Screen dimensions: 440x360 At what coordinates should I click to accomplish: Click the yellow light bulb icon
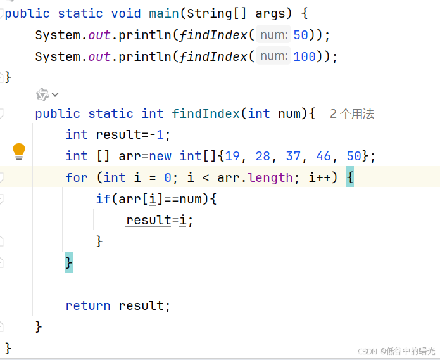point(19,151)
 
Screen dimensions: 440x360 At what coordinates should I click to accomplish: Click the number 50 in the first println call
point(301,35)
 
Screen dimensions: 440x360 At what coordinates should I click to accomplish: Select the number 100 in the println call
point(305,56)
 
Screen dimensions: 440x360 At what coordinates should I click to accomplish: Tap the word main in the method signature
point(163,13)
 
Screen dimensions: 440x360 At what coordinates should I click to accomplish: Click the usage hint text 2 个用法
point(352,114)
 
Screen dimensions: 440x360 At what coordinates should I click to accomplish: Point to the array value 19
point(233,156)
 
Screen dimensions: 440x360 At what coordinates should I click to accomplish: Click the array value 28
point(263,156)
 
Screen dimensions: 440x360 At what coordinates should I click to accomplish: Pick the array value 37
point(293,156)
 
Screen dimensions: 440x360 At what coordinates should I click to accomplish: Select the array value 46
point(324,156)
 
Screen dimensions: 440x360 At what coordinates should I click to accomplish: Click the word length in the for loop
point(271,177)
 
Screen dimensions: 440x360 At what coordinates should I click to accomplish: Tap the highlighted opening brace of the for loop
point(350,177)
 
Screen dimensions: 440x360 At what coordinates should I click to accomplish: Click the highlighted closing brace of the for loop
point(69,262)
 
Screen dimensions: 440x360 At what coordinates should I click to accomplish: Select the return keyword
point(88,305)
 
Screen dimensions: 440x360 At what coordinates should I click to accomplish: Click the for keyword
point(77,177)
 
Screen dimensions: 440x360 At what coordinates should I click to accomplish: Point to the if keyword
point(103,199)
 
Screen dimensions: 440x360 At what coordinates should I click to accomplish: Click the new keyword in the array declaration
point(160,156)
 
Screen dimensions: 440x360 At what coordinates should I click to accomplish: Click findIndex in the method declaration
point(206,114)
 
